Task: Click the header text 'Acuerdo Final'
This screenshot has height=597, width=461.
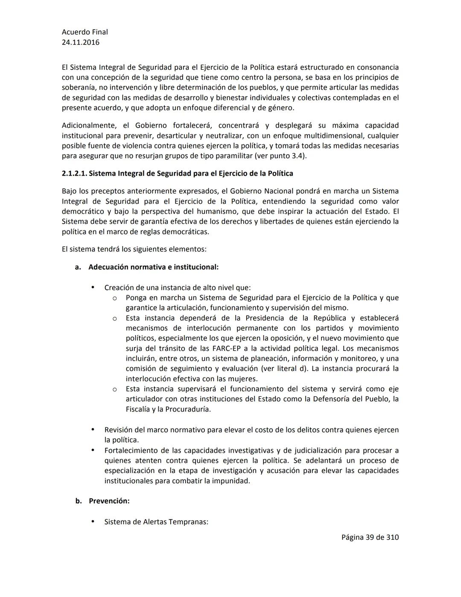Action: click(85, 32)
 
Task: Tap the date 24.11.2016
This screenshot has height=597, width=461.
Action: click(80, 42)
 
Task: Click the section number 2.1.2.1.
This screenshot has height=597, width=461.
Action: click(74, 174)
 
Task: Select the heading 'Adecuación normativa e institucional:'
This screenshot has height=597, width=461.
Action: click(153, 267)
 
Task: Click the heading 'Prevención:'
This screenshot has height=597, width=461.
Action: click(109, 501)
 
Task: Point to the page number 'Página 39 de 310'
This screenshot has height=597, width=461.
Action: click(370, 537)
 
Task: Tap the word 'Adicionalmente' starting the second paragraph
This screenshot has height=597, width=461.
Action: click(89, 126)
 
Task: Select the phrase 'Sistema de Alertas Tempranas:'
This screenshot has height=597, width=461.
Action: click(156, 522)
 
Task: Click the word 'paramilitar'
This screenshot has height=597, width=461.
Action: click(232, 156)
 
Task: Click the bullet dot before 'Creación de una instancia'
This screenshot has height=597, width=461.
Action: click(93, 287)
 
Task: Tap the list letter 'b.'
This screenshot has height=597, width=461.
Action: click(79, 501)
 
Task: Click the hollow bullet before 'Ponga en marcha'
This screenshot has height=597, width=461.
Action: click(114, 298)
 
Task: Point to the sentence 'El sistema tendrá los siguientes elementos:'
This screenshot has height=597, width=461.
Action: click(134, 249)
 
